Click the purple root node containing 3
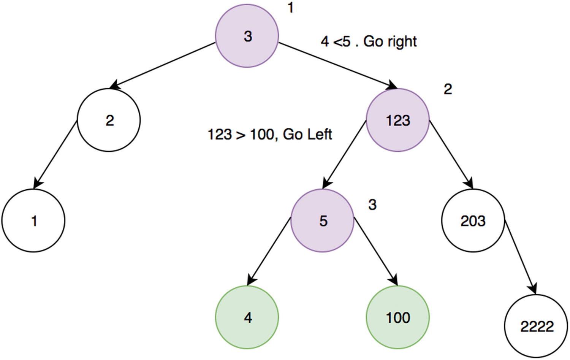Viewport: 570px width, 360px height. (247, 36)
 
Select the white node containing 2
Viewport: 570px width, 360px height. (109, 120)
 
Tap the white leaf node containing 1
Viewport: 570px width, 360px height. (33, 220)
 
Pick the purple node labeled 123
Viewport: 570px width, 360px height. (398, 120)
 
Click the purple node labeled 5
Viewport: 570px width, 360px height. (323, 220)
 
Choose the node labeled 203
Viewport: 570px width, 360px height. (473, 220)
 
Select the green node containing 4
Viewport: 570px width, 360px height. (247, 317)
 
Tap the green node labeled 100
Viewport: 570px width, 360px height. (398, 317)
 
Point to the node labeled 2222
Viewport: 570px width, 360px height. (536, 326)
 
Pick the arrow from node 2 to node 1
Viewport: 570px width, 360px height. (55, 154)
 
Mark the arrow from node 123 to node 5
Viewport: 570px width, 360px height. (344, 154)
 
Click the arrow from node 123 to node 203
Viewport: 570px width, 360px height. (451, 154)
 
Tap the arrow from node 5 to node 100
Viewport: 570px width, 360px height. (375, 251)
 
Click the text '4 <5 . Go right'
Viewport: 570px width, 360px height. (369, 41)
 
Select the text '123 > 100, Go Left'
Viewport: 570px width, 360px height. (270, 134)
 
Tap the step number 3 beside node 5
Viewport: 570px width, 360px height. (372, 205)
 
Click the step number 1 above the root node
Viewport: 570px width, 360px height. (291, 8)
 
